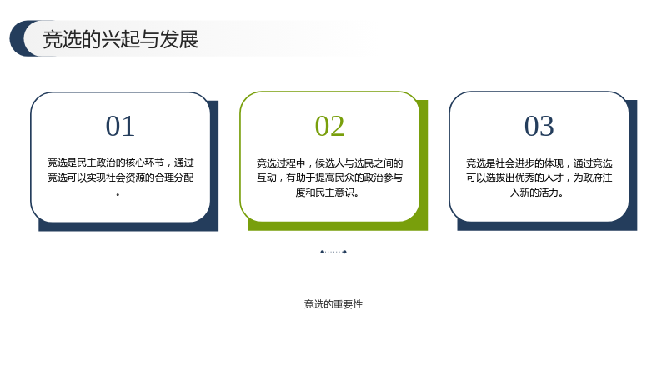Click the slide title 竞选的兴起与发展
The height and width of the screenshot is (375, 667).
click(x=120, y=39)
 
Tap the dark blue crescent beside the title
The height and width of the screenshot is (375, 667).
click(x=17, y=38)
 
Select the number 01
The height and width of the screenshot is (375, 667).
click(x=120, y=126)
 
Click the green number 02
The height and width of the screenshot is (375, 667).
click(x=329, y=126)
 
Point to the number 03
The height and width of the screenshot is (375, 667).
click(x=539, y=126)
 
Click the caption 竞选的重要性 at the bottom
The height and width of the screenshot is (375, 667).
click(x=333, y=304)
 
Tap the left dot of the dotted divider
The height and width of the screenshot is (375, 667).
click(x=322, y=252)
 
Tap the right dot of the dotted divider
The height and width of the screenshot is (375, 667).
click(x=344, y=252)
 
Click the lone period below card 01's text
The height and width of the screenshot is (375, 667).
click(x=118, y=194)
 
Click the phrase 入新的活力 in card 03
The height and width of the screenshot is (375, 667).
click(x=534, y=192)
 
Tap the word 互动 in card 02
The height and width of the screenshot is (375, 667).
click(x=266, y=177)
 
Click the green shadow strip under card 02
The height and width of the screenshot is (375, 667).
click(x=338, y=226)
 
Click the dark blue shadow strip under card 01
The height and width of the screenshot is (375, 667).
click(x=128, y=227)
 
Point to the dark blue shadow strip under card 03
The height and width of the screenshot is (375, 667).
click(x=547, y=226)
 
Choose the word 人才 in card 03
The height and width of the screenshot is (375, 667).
click(x=554, y=177)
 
